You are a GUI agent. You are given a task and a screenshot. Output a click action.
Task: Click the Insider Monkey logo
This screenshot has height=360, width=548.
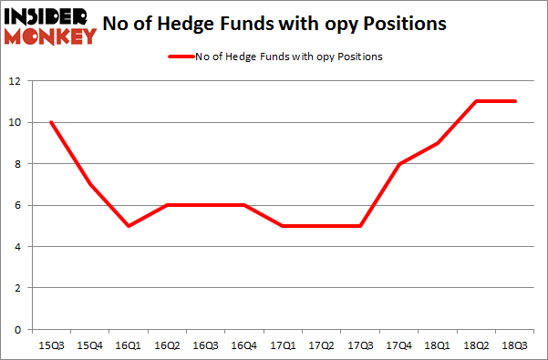point(50,26)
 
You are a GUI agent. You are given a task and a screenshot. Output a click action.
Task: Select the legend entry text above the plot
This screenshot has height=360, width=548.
point(289,57)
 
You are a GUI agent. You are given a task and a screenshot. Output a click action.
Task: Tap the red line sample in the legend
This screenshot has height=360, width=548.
point(180,57)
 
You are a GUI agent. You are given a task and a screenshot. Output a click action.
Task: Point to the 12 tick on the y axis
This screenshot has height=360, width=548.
point(15,81)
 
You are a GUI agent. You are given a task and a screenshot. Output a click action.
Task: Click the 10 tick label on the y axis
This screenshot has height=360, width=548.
point(15,123)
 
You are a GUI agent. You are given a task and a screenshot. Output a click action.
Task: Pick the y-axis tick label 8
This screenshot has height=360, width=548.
point(18,164)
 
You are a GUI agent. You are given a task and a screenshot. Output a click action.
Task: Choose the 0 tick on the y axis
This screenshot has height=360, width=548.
point(18,330)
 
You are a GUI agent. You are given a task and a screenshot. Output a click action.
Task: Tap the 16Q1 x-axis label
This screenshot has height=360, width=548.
point(129,345)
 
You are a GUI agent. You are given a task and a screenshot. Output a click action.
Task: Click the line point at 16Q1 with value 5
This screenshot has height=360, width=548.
point(129,226)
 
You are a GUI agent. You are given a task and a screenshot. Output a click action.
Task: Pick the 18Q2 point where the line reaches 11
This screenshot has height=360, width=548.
point(476,101)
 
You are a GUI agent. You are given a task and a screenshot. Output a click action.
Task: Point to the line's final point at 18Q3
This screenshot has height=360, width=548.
point(516,101)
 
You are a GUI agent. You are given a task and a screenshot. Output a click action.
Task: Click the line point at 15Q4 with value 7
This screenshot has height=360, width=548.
point(89,184)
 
